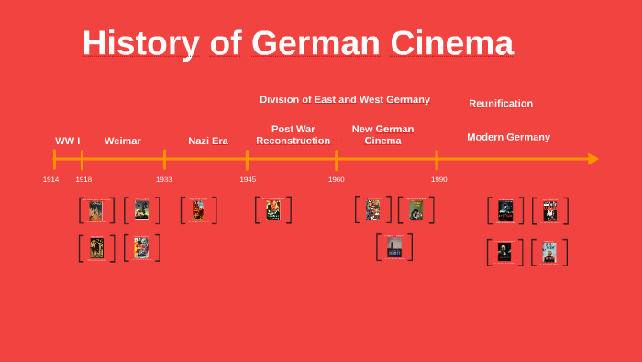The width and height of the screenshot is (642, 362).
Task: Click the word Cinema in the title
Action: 452,43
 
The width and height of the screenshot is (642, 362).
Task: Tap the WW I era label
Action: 67,141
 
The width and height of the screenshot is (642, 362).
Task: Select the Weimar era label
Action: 123,141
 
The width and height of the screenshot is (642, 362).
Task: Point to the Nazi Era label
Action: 208,141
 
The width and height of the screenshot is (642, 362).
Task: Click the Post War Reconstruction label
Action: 293,135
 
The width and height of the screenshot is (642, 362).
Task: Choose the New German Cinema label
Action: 382,135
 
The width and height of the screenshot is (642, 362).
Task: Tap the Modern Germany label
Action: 508,137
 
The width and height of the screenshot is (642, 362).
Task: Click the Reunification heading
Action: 501,103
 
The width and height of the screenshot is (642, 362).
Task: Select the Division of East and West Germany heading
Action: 345,99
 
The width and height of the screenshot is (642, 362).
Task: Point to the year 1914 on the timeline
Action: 51,179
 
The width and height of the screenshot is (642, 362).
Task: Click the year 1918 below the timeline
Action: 83,179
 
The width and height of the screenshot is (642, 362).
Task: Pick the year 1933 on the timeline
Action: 164,179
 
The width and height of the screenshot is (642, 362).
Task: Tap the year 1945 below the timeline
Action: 248,179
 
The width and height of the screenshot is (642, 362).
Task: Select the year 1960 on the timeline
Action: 337,179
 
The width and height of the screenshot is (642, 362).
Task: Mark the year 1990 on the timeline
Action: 439,179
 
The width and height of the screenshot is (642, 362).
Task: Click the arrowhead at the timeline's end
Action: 592,159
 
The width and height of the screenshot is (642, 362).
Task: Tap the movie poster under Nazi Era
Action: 198,210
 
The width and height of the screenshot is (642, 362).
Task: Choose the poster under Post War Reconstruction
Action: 272,209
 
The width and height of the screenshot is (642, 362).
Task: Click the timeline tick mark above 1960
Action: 337,159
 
